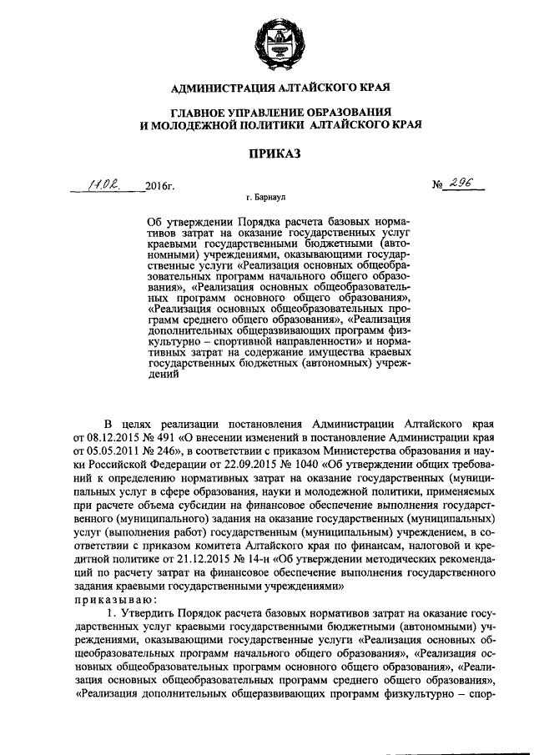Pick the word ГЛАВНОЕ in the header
point(203,112)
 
